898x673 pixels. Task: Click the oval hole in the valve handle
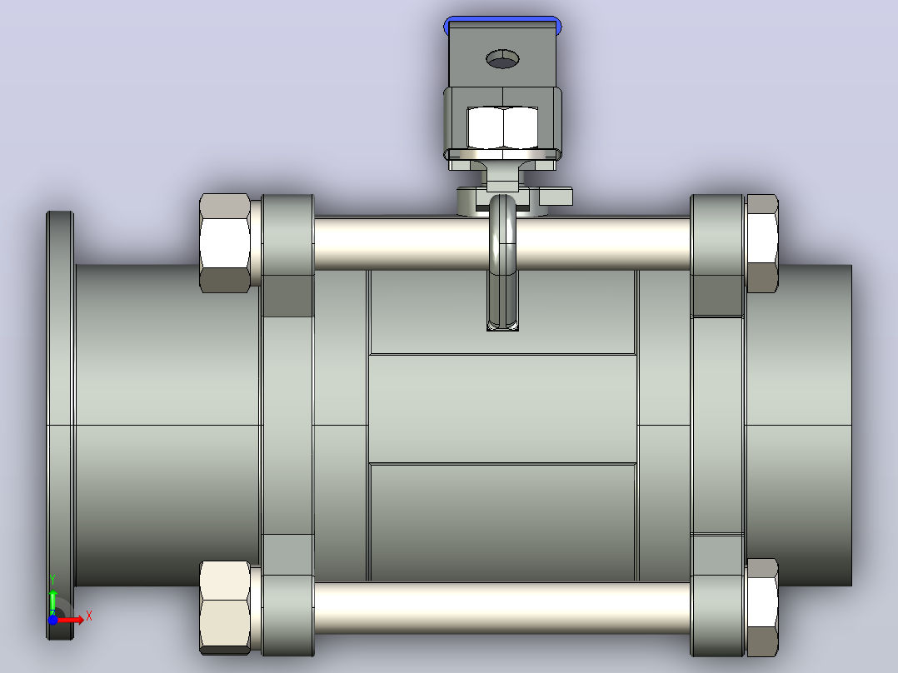click(x=502, y=59)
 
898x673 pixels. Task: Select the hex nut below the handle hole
click(x=502, y=127)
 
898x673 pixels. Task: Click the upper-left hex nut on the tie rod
click(x=225, y=243)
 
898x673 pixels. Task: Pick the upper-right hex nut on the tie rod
click(x=762, y=243)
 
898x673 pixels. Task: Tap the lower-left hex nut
click(x=225, y=608)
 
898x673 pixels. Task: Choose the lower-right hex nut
click(x=762, y=608)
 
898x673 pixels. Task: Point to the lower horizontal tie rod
click(x=501, y=608)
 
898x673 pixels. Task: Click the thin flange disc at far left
click(x=60, y=425)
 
